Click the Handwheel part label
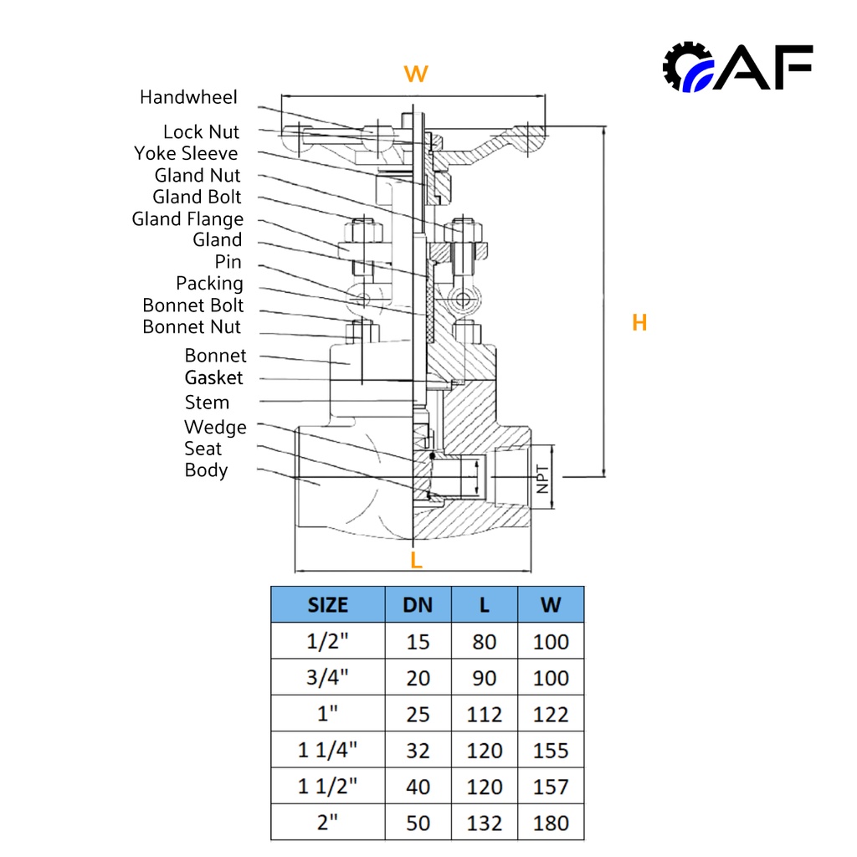[188, 97]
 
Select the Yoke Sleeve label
[186, 154]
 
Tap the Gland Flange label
[187, 219]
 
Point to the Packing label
[209, 284]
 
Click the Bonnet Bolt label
[192, 305]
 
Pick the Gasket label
[213, 377]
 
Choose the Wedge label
[215, 428]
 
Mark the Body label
[206, 470]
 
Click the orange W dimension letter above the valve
[416, 74]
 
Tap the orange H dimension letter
[639, 323]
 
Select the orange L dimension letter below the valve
[416, 560]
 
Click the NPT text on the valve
[542, 479]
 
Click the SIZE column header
[327, 605]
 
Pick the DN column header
[418, 605]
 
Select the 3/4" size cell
[327, 678]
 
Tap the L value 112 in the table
[485, 715]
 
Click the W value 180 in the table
[551, 824]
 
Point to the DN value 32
[418, 751]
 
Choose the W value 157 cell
[551, 787]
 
